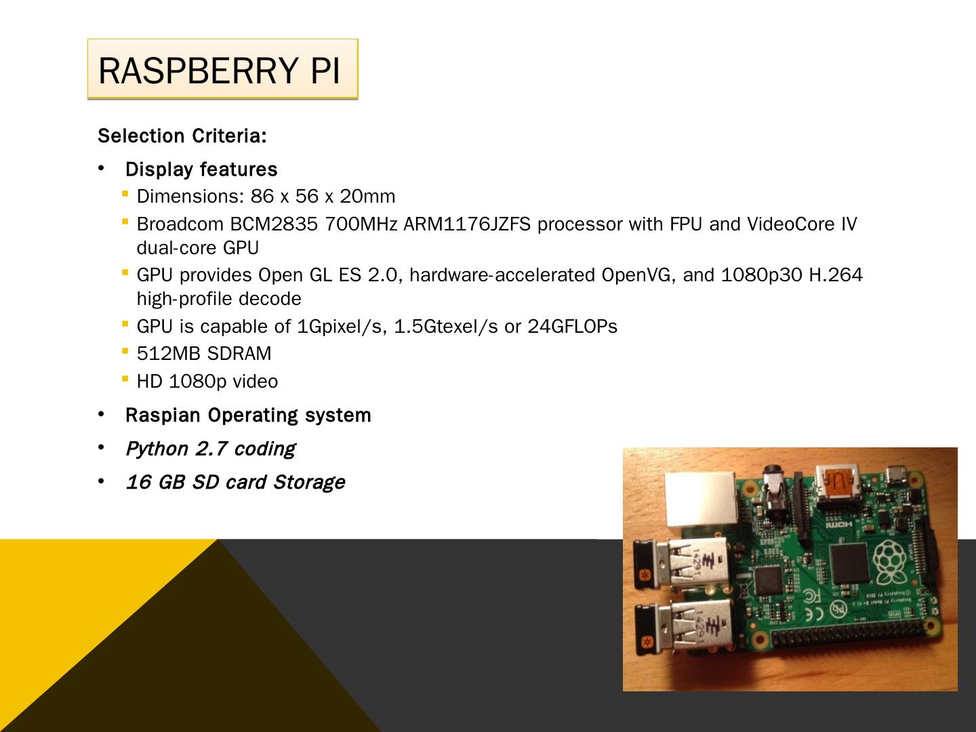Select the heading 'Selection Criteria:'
pyautogui.click(x=182, y=136)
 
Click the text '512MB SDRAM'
pyautogui.click(x=204, y=354)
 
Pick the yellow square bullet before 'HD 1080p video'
pyautogui.click(x=125, y=378)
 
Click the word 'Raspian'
pyautogui.click(x=163, y=415)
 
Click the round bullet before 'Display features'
pyautogui.click(x=101, y=168)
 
